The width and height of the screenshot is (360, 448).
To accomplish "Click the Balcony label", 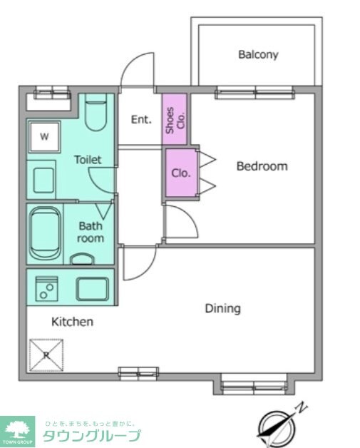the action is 258,54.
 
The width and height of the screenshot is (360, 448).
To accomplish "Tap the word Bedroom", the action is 262,166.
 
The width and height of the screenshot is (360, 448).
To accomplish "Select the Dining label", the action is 223,309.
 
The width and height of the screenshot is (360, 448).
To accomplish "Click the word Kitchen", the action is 72,322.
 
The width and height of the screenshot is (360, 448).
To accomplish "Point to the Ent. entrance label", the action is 141,119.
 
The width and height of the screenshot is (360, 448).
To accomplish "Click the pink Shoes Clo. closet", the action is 175,119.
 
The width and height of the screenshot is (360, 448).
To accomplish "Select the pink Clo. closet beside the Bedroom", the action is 182,173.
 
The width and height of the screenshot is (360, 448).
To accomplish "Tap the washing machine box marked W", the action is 44,136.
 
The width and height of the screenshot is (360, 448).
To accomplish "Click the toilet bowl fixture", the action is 96,112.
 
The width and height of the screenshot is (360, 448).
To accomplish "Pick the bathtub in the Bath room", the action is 45,233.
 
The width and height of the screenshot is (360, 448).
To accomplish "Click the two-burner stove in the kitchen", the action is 46,288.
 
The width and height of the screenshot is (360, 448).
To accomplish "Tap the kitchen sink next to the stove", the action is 93,289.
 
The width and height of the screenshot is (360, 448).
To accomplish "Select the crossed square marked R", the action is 46,355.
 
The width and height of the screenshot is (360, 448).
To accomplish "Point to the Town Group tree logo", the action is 17,432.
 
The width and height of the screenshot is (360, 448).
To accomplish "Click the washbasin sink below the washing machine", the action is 43,180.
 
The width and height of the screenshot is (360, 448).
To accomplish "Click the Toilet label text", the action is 88,159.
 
